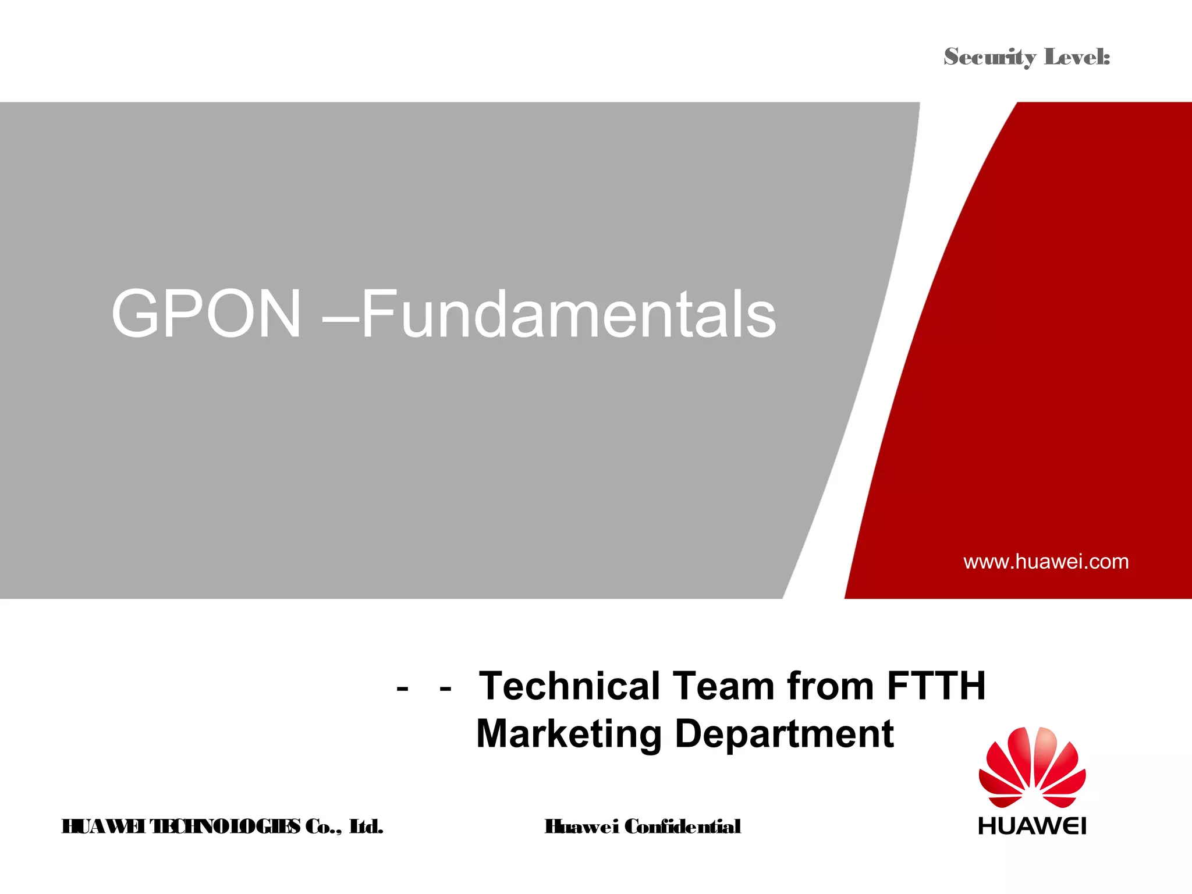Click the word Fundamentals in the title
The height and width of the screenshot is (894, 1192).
pyautogui.click(x=569, y=314)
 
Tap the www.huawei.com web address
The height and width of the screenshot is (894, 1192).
pyautogui.click(x=1046, y=562)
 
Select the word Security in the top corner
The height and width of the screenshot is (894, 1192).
pyautogui.click(x=990, y=57)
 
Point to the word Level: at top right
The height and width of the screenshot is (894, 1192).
pyautogui.click(x=1077, y=57)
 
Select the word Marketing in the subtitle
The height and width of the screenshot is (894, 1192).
pyautogui.click(x=569, y=735)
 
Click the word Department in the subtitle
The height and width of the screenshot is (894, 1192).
pyautogui.click(x=784, y=735)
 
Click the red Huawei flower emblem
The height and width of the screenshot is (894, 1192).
pyautogui.click(x=1032, y=767)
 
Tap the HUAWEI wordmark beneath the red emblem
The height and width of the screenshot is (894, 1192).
pyautogui.click(x=1032, y=826)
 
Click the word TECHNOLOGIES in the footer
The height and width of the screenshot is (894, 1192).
pyautogui.click(x=225, y=826)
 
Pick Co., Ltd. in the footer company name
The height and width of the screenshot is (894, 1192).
pyautogui.click(x=344, y=826)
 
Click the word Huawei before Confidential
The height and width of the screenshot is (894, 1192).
pyautogui.click(x=581, y=826)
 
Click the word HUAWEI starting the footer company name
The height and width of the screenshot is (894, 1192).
pyautogui.click(x=103, y=826)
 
